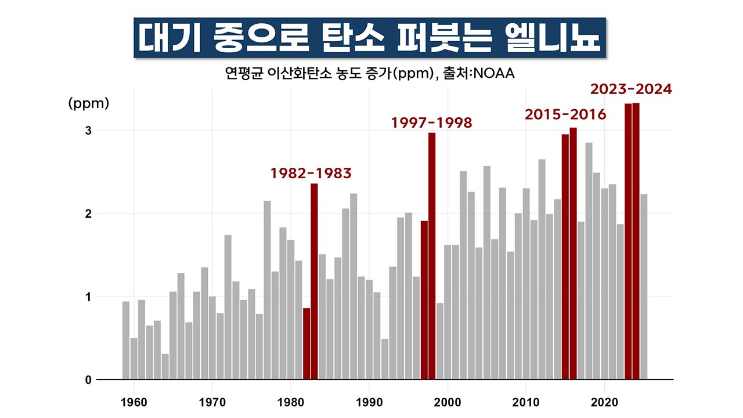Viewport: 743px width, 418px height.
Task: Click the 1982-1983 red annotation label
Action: (x=311, y=174)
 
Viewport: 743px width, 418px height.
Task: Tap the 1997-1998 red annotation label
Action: (x=431, y=123)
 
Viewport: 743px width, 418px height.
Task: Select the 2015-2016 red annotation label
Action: (x=565, y=115)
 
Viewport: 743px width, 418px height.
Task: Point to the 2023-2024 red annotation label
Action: (x=631, y=90)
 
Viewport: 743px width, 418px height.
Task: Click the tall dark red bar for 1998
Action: (x=432, y=256)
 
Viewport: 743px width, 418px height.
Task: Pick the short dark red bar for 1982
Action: (x=306, y=344)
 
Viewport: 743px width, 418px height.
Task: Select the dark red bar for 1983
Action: (x=314, y=282)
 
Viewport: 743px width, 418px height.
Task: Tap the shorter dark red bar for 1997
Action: (x=424, y=300)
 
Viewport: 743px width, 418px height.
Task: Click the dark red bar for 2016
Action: (x=573, y=253)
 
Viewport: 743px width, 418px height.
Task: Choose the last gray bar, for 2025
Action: (x=644, y=287)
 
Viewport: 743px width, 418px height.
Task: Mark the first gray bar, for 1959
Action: (x=126, y=340)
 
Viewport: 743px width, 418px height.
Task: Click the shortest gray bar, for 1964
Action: (x=165, y=366)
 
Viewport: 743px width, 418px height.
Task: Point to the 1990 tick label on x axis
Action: (x=369, y=401)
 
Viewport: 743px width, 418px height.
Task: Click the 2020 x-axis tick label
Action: (x=604, y=401)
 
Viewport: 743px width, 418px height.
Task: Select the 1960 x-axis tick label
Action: (x=134, y=401)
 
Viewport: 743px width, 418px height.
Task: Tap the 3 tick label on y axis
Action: (x=89, y=131)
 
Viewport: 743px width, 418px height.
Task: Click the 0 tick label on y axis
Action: (x=89, y=380)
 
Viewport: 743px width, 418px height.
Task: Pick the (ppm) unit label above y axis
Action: (x=88, y=103)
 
